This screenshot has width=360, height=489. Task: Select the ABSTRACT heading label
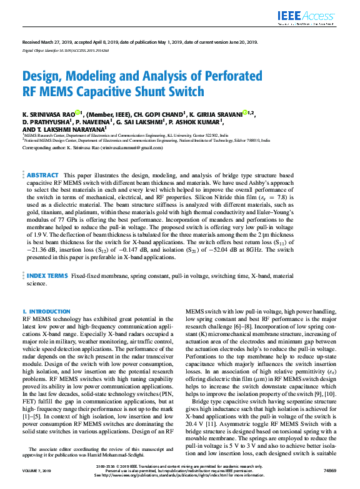point(42,175)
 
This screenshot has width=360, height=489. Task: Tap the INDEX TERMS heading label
point(47,275)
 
